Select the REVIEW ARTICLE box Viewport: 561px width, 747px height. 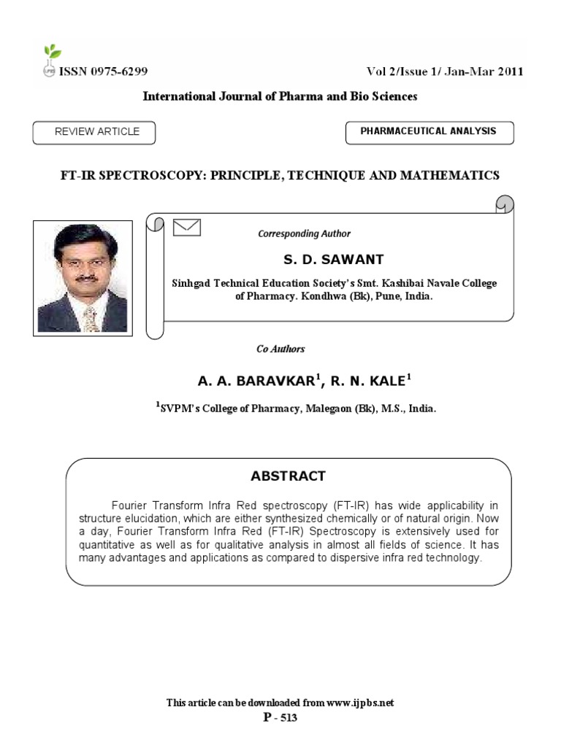point(94,132)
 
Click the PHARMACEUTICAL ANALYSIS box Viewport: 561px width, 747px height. point(429,132)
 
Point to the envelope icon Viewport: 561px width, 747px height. point(187,228)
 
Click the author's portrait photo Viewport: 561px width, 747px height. point(83,278)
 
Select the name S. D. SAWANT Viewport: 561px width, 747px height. point(333,259)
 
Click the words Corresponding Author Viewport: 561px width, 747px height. point(304,234)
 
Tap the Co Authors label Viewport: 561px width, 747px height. point(280,349)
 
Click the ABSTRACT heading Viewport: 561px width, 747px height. point(288,476)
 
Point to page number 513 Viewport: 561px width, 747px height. point(286,718)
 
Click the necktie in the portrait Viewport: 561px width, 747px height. point(90,318)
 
